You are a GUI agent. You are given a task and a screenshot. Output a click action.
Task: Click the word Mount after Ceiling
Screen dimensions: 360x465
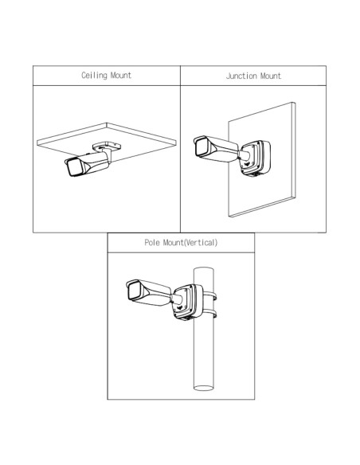tap(121, 76)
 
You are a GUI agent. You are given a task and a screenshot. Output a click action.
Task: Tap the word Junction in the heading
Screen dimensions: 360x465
tap(241, 76)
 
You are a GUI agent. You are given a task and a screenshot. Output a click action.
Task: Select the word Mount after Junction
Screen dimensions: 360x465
tap(271, 76)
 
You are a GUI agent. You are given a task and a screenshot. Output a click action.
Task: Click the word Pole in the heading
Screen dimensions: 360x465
tap(152, 243)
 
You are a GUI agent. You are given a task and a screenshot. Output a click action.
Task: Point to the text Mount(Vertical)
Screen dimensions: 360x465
tap(190, 243)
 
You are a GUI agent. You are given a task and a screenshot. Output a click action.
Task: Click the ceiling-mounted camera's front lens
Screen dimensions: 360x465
tap(73, 167)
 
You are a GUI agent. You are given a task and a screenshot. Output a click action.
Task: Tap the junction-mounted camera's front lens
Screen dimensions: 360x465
tap(202, 147)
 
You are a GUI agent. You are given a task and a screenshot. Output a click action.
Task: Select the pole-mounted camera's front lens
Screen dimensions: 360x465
tap(134, 291)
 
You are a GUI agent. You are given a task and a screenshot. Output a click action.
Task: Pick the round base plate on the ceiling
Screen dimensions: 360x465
tap(107, 146)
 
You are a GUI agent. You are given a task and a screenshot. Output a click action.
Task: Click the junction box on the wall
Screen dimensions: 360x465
tap(255, 158)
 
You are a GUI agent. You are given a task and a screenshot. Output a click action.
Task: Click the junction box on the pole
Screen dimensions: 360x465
tap(188, 302)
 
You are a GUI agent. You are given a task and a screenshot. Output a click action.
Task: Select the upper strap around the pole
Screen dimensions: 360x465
tap(210, 296)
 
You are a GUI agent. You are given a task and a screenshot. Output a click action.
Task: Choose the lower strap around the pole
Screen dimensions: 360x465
tap(210, 314)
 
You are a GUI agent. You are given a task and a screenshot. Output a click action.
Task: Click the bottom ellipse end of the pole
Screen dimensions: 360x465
tap(203, 388)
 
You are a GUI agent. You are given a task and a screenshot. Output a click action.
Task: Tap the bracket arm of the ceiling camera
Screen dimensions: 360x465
tap(108, 157)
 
